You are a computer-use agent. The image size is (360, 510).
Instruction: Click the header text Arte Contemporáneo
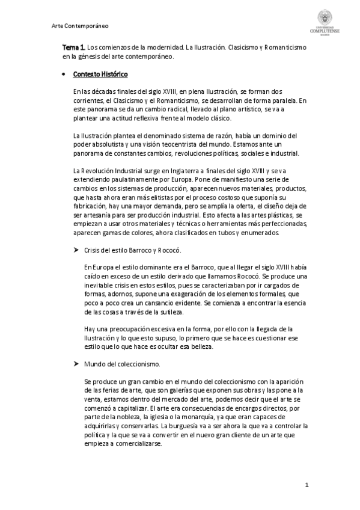click(80, 26)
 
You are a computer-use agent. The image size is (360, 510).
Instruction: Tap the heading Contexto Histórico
click(100, 74)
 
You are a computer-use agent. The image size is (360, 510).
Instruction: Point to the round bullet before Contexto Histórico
click(65, 75)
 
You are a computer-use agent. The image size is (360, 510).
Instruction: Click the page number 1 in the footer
click(307, 485)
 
